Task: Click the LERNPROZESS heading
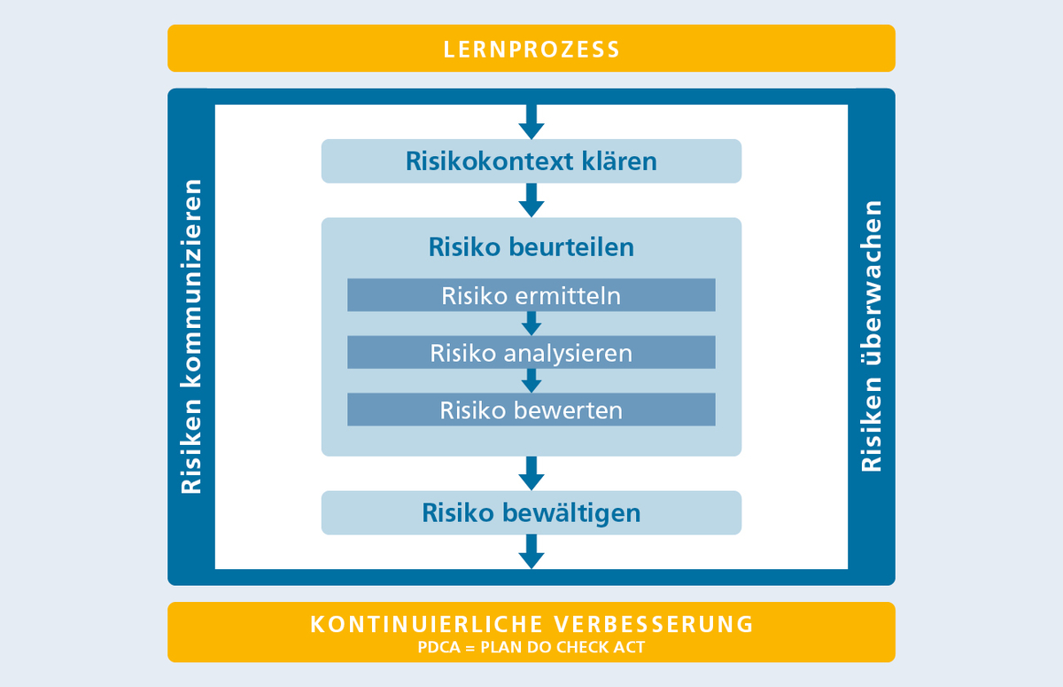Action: pyautogui.click(x=531, y=48)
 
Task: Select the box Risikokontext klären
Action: pyautogui.click(x=531, y=161)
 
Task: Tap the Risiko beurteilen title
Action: pyautogui.click(x=531, y=246)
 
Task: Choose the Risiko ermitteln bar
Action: pyautogui.click(x=531, y=295)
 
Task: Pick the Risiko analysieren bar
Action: pyautogui.click(x=531, y=353)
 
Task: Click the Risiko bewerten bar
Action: pyautogui.click(x=531, y=410)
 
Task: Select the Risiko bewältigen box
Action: pyautogui.click(x=531, y=512)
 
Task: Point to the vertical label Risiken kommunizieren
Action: pyautogui.click(x=191, y=337)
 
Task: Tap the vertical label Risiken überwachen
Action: pyautogui.click(x=872, y=337)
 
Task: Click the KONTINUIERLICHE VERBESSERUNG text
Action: pyautogui.click(x=531, y=623)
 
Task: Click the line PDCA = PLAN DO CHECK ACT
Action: pyautogui.click(x=531, y=647)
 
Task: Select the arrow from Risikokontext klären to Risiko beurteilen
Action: pyautogui.click(x=531, y=200)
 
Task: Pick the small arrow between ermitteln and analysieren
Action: pyautogui.click(x=531, y=324)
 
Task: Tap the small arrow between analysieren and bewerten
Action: pyautogui.click(x=531, y=381)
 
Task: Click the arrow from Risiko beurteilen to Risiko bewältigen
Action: pyautogui.click(x=531, y=473)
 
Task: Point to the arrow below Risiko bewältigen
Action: pyautogui.click(x=531, y=551)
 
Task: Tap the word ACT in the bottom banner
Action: pyautogui.click(x=627, y=647)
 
